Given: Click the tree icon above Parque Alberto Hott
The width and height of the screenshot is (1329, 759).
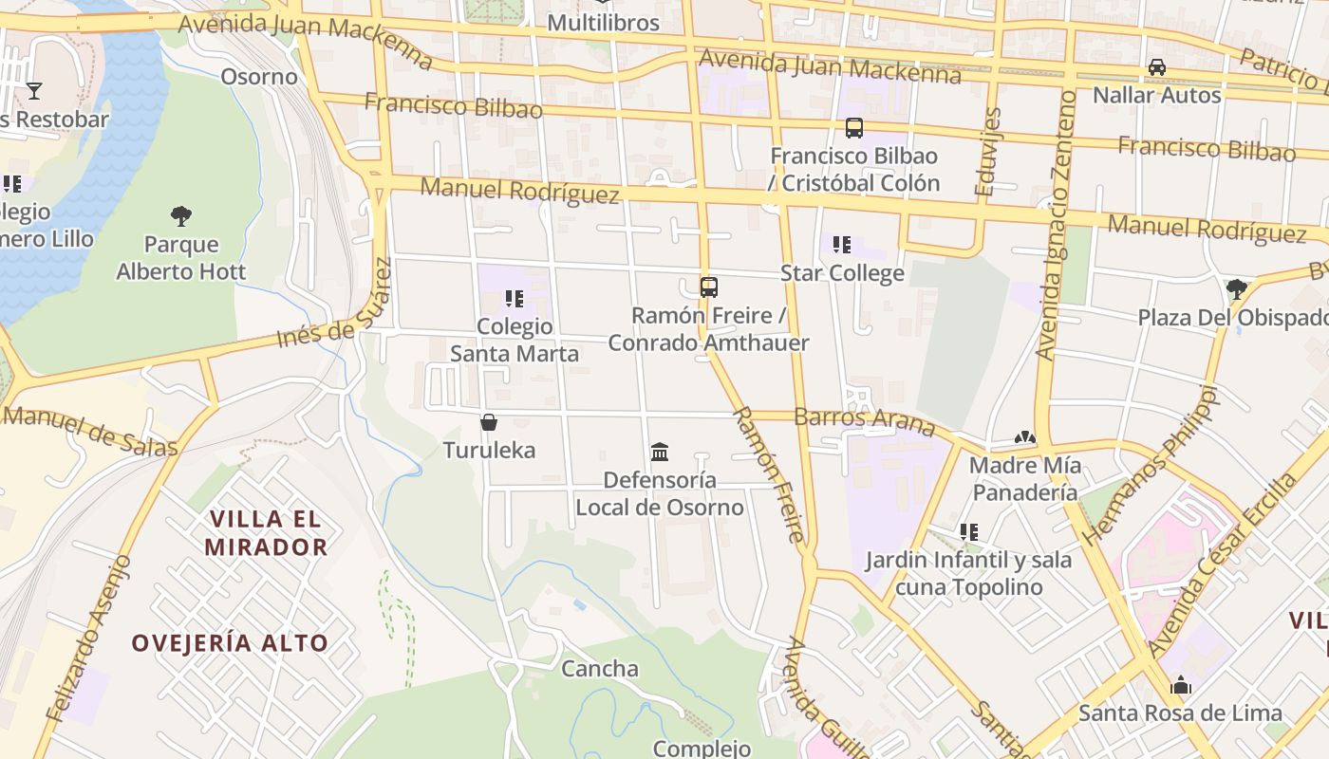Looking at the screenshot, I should click(x=181, y=216).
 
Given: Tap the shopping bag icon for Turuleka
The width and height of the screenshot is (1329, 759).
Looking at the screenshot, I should click(x=489, y=422).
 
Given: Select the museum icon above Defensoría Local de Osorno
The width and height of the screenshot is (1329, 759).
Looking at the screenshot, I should click(x=660, y=452).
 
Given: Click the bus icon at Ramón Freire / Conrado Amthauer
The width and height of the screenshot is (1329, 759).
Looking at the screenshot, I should click(x=709, y=287).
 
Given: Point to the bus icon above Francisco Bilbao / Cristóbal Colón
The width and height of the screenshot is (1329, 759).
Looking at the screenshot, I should click(x=854, y=128).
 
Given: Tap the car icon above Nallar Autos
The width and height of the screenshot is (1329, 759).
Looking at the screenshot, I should click(x=1157, y=67).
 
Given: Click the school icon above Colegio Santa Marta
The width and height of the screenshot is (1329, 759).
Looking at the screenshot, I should click(x=515, y=299).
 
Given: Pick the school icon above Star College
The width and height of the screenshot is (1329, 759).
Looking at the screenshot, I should click(x=842, y=246).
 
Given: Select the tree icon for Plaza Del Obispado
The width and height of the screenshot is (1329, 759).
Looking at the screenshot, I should click(x=1236, y=288).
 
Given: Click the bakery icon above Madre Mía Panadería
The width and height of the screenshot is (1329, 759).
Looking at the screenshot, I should click(x=1024, y=437).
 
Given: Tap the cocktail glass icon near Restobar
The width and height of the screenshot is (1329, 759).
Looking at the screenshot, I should click(x=34, y=91).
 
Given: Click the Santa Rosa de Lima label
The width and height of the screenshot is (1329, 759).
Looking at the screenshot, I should click(x=1180, y=713).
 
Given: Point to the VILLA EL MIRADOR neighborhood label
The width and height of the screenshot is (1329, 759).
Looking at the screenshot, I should click(x=266, y=533).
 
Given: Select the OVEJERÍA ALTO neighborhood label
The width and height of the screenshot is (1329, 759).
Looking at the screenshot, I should click(x=230, y=643).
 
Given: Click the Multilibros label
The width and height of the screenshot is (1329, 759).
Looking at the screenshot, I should click(x=603, y=22).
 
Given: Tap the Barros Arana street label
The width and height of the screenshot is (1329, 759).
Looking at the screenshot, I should click(x=865, y=418).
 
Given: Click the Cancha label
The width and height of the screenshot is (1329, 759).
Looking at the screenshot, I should click(x=600, y=669).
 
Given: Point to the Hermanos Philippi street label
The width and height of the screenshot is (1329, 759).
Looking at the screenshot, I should click(x=1150, y=465).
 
